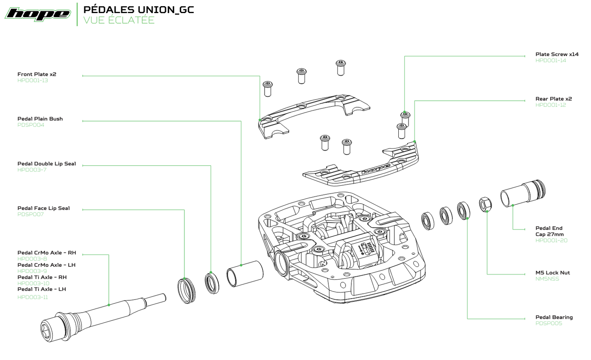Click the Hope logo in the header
[x=38, y=14]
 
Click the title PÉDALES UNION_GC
[x=138, y=9]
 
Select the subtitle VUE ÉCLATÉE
[x=119, y=20]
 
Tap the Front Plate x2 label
[x=37, y=74]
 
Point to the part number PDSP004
[x=31, y=125]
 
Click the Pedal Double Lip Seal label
[x=47, y=164]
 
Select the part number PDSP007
[x=30, y=214]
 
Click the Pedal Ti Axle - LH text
[x=42, y=289]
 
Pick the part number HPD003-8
[x=32, y=259]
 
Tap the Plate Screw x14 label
[x=557, y=54]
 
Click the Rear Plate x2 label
[x=553, y=99]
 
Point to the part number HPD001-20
[x=551, y=241]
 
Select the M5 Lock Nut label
[x=553, y=273]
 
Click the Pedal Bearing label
[x=554, y=317]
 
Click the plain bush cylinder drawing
[x=245, y=274]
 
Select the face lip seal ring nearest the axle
[x=187, y=290]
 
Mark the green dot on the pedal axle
[x=109, y=305]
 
